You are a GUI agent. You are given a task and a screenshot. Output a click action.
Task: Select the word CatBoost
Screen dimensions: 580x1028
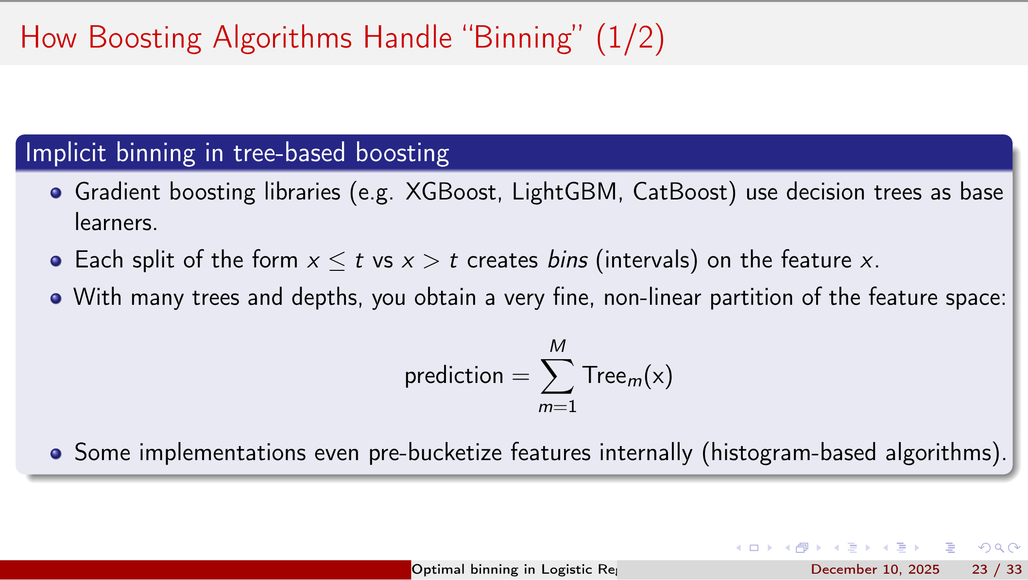[x=684, y=192]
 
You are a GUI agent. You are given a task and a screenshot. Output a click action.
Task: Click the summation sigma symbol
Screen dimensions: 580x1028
[x=557, y=376]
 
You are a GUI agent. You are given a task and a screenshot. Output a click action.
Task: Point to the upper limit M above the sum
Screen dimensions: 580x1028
[x=558, y=346]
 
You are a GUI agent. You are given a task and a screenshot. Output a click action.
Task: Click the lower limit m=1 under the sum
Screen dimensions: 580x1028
[x=558, y=407]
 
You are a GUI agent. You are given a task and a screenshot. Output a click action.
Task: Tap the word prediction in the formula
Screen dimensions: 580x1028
[x=454, y=376]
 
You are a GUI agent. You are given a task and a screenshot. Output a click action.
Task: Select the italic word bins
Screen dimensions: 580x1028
[x=567, y=260]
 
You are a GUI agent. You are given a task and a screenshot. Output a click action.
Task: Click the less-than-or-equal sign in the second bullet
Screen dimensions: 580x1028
[x=337, y=261]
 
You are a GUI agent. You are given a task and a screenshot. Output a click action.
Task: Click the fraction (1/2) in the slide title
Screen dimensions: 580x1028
[x=630, y=38]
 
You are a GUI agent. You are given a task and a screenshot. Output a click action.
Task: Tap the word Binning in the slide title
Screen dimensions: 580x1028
[x=522, y=38]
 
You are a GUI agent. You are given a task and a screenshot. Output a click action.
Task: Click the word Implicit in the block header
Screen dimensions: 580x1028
[x=66, y=153]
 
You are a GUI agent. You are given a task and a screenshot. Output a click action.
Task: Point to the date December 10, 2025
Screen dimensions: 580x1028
[x=875, y=569]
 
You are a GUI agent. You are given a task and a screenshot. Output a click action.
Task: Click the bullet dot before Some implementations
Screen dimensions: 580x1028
[x=56, y=453]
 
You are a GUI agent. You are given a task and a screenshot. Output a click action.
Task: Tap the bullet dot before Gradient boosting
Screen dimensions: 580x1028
[x=56, y=193]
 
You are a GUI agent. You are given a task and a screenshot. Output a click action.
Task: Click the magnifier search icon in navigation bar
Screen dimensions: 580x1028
[x=999, y=548]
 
